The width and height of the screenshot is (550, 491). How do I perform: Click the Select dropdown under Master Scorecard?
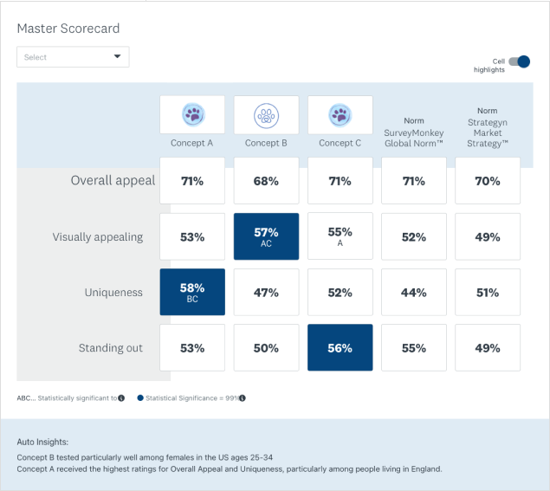[73, 57]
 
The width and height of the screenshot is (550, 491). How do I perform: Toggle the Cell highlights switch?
[519, 61]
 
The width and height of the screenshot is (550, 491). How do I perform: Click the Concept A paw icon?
[191, 114]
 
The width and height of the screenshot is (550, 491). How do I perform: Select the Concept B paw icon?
[266, 114]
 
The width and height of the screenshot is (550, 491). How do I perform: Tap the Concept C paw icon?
[340, 114]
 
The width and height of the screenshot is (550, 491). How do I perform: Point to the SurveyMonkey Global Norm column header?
[413, 132]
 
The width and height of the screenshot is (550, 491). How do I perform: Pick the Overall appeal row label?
[113, 181]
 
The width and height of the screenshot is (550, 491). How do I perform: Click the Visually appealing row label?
[98, 236]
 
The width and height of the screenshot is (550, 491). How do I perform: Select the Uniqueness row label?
[114, 293]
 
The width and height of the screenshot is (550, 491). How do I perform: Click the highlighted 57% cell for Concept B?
[266, 236]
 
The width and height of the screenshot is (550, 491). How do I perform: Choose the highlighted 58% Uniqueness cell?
[191, 293]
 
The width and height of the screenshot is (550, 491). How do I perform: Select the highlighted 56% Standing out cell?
[340, 348]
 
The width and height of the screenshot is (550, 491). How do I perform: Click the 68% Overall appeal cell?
[266, 181]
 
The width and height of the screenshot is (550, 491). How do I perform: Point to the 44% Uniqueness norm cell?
[413, 293]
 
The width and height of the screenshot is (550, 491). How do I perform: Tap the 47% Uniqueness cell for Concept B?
[266, 293]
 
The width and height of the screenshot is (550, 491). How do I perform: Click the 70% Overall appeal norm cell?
[488, 181]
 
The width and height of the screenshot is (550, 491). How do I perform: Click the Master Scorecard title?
[68, 29]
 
